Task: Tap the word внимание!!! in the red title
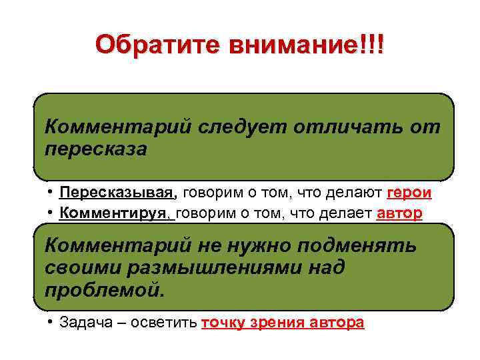pos(307,45)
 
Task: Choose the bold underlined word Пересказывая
pos(117,193)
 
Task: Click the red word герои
pos(409,193)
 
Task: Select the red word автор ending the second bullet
pos(399,214)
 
